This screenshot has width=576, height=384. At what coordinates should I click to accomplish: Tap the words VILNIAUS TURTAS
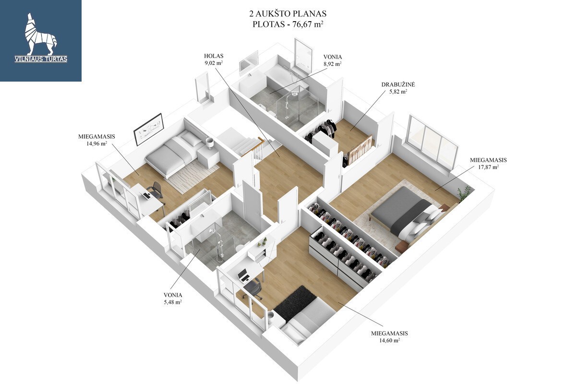pos(41,59)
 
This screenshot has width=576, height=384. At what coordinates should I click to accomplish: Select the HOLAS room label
pos(214,56)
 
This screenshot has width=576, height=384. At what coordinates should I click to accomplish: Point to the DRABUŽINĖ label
pos(398,84)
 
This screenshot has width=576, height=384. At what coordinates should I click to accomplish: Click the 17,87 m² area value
pos(488,167)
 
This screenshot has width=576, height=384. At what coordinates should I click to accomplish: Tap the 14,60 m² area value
pos(389,340)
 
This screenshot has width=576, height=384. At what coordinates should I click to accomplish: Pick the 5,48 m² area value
pos(173,302)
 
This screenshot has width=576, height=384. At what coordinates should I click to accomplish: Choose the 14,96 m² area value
pos(96,144)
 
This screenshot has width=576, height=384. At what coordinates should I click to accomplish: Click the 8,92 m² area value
pos(333,64)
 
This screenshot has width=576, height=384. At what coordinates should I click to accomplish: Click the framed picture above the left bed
pos(149,129)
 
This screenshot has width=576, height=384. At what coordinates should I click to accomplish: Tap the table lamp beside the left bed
pos(210,143)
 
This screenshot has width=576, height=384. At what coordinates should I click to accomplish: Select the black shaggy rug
pos(295,301)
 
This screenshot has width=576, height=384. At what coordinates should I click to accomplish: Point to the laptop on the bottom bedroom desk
pos(243,276)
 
